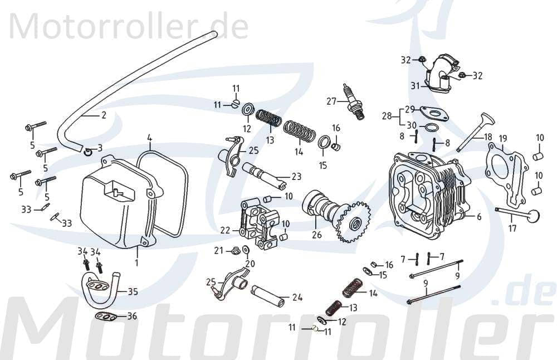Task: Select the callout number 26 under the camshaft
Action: click(317, 235)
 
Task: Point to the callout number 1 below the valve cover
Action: click(136, 261)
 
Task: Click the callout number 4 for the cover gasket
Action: click(149, 137)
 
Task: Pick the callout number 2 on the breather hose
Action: click(104, 116)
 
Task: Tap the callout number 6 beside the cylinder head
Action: click(479, 217)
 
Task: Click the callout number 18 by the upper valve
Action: click(488, 137)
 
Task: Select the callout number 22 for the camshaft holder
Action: click(225, 230)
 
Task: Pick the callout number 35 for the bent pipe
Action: click(133, 291)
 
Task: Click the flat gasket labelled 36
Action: click(105, 318)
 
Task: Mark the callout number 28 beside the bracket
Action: click(387, 116)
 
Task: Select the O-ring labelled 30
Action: click(430, 129)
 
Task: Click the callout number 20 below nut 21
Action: click(250, 264)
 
